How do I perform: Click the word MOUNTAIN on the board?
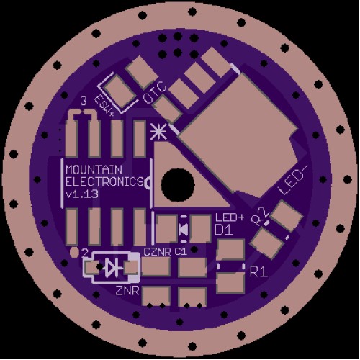tap(94, 170)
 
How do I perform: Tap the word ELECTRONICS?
tap(104, 181)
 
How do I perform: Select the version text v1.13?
tap(82, 194)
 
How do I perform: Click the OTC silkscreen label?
tap(155, 93)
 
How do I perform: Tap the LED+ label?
tap(230, 217)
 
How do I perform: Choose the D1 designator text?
tap(224, 230)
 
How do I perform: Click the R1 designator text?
tap(258, 271)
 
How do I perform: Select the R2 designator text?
tap(259, 217)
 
